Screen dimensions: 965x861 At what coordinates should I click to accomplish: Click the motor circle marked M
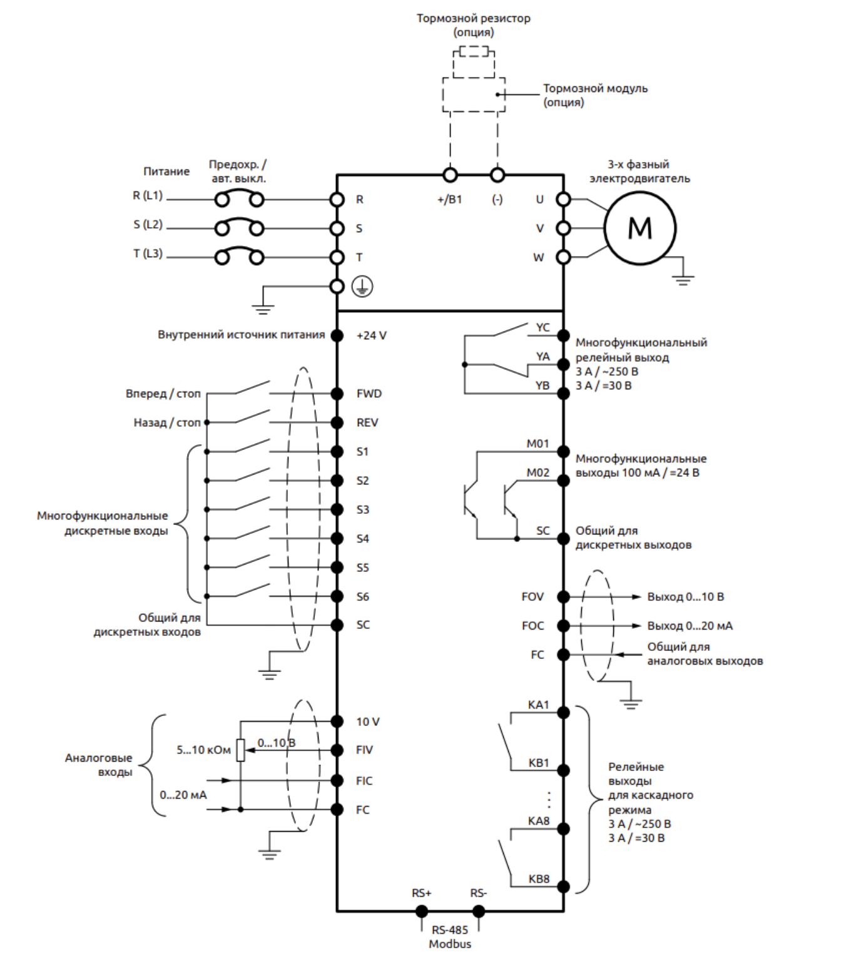point(639,228)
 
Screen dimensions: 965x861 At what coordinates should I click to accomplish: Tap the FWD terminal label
point(369,394)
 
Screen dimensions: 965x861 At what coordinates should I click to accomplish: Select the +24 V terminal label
point(371,335)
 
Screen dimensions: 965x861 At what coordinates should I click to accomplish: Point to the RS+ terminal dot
point(422,911)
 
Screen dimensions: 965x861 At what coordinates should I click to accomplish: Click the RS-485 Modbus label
point(449,937)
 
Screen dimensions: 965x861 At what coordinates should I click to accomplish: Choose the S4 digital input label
point(362,538)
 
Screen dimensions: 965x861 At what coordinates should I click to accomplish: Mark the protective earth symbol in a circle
point(362,287)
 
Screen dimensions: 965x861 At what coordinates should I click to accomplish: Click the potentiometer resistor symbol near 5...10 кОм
point(240,750)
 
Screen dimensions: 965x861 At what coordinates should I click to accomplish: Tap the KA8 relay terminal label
point(538,820)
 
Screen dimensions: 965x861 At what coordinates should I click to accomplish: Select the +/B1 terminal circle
point(450,175)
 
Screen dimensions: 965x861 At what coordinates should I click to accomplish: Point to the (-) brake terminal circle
point(497,175)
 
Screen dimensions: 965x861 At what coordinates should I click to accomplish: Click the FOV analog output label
point(532,597)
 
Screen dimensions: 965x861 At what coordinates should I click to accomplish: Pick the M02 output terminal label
point(537,472)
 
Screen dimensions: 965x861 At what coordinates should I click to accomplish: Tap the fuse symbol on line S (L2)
point(239,228)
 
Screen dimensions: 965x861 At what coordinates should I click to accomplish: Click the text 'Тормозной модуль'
point(594,88)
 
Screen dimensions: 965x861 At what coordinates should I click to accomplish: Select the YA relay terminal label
point(543,357)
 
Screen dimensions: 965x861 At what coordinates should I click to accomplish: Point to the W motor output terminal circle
point(563,257)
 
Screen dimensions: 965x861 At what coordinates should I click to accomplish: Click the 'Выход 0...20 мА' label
point(690,626)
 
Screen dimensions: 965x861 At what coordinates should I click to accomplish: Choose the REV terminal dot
point(337,422)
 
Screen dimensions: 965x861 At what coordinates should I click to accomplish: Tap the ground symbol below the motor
point(683,278)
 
